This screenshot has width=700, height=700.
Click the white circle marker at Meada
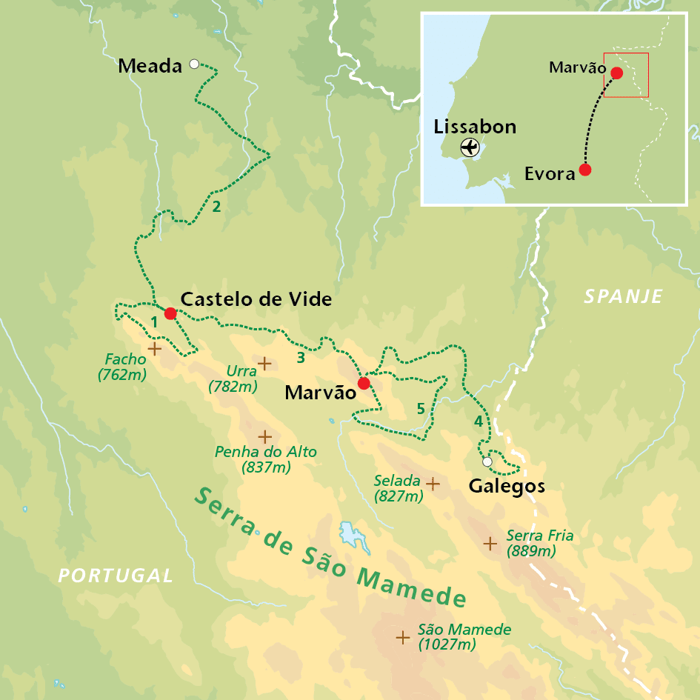(x=194, y=64)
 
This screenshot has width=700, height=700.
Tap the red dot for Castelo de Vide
(x=170, y=313)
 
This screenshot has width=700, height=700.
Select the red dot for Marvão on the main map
(x=363, y=383)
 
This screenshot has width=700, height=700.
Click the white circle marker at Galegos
(x=487, y=462)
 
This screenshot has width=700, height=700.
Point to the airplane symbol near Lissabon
(x=470, y=147)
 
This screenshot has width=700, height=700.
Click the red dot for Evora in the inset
(x=585, y=170)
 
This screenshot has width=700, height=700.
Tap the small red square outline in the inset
(x=626, y=75)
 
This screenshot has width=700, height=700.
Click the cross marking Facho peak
(x=154, y=348)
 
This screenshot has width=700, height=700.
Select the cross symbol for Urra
(x=264, y=363)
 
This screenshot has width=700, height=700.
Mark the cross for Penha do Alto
(x=264, y=436)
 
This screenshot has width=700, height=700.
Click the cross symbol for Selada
(x=433, y=483)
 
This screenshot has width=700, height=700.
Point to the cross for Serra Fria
(x=490, y=544)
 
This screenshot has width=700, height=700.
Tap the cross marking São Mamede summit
(x=403, y=637)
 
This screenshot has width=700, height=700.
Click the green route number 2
(x=216, y=206)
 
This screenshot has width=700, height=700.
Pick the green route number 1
(x=154, y=322)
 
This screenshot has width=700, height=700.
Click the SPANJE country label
(x=622, y=297)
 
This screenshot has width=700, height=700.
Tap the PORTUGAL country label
(x=116, y=576)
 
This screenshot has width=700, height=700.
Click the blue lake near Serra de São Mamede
(x=348, y=534)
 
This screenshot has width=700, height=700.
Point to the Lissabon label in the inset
(x=475, y=127)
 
